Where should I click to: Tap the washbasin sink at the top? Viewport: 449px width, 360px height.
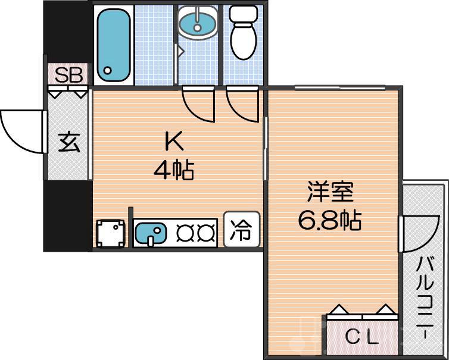pyautogui.click(x=198, y=24)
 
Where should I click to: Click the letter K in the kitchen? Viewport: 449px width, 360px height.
pyautogui.click(x=173, y=142)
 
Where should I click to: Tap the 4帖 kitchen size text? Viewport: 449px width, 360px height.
pyautogui.click(x=173, y=171)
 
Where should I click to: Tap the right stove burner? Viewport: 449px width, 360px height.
pyautogui.click(x=205, y=233)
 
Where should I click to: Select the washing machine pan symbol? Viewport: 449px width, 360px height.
pyautogui.click(x=111, y=233)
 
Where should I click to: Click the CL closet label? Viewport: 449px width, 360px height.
pyautogui.click(x=362, y=338)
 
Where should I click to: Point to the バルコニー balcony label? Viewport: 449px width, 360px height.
pyautogui.click(x=425, y=298)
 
